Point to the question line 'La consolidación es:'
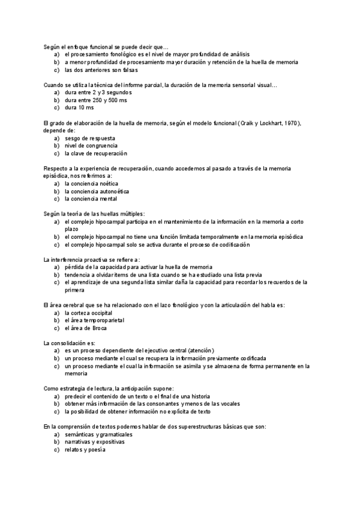pyautogui.click(x=70, y=343)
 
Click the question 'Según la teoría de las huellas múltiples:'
pyautogui.click(x=94, y=214)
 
